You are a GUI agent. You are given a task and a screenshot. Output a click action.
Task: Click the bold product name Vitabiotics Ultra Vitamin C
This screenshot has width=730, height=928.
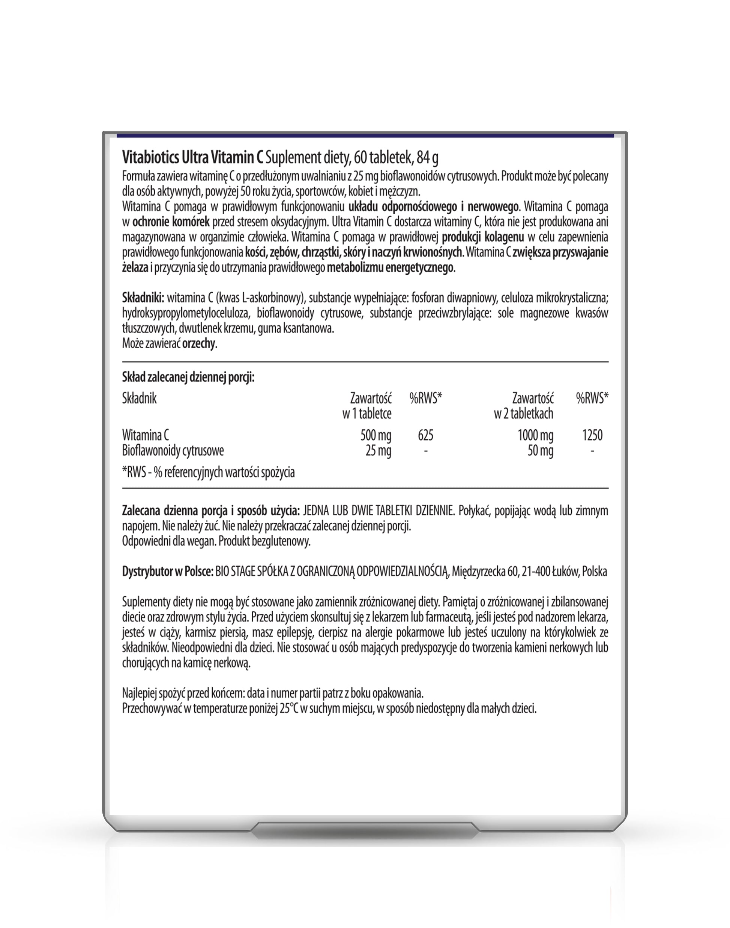[192, 158]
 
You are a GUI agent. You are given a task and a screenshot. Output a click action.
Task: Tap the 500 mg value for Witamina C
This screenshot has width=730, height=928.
[376, 436]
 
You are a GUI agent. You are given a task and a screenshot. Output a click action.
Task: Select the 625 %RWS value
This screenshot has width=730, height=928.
[425, 436]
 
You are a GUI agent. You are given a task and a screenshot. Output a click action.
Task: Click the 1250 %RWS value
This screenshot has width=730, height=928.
[592, 436]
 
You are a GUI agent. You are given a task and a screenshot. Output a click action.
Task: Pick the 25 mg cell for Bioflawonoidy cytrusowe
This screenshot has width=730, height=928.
[378, 451]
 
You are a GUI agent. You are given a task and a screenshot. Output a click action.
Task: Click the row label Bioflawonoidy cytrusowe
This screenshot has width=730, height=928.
[173, 451]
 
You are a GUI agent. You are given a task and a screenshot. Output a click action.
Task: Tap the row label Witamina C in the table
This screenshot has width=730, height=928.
[145, 436]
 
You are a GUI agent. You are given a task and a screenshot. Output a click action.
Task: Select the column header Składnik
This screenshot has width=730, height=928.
[139, 399]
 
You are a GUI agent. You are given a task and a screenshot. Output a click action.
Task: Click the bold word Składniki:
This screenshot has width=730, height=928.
[143, 298]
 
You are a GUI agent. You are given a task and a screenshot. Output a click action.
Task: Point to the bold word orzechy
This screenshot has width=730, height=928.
[199, 344]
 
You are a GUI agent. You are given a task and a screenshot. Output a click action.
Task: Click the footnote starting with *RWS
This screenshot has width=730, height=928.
[208, 472]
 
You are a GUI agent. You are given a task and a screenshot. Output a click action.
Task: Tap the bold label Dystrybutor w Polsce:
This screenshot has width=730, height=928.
[168, 572]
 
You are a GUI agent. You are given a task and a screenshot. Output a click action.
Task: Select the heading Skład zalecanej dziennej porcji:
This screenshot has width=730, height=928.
[188, 378]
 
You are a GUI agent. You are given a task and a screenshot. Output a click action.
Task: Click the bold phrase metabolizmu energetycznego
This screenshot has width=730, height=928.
[389, 268]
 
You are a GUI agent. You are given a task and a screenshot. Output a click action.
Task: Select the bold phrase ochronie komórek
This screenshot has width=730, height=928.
[171, 222]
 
